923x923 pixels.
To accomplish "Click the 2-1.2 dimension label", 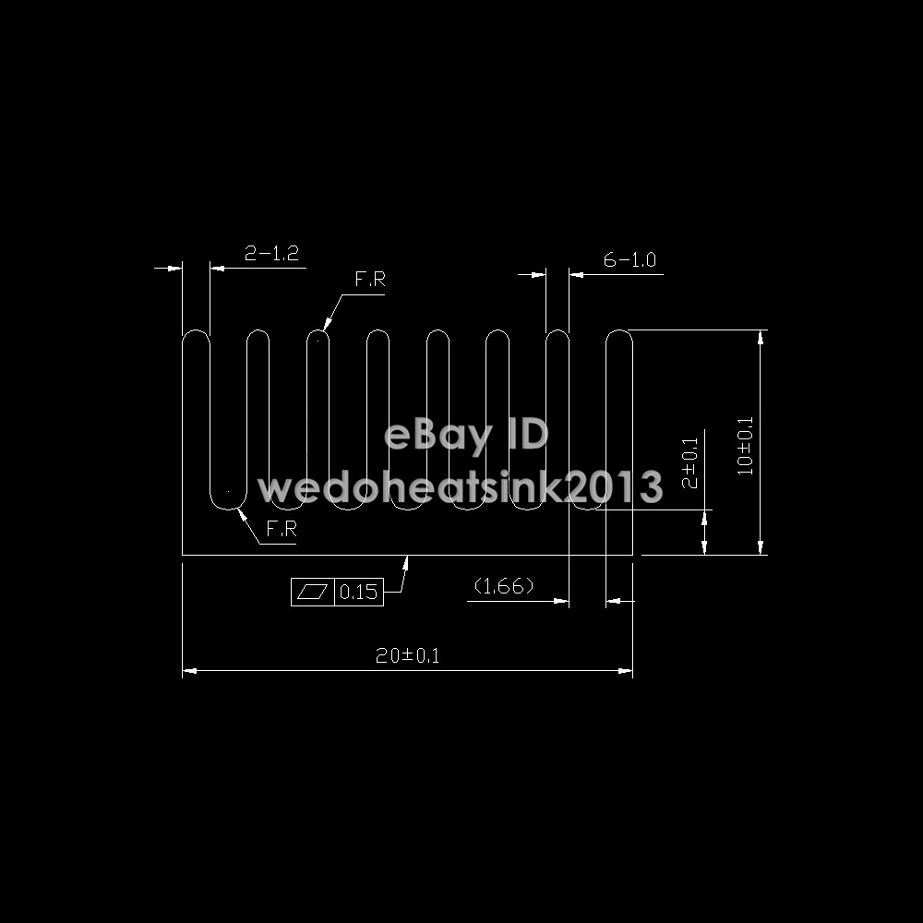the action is pos(271,253).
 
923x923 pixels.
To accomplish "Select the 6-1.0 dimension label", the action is pos(629,260).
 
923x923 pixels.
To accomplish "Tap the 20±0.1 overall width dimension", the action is pos(407,656).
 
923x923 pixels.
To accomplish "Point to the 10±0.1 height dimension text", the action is pos(747,446).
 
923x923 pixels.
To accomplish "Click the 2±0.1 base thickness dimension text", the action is pos(689,464).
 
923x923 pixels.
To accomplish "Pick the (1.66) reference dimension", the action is pos(503,586).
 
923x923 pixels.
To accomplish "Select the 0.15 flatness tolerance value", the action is pos(358,593).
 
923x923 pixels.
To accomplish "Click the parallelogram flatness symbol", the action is pos(312,592).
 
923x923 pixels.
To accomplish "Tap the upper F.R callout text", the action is pos(369,281).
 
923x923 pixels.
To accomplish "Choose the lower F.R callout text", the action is pos(281,530).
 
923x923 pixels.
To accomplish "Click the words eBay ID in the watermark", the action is pos(466,435).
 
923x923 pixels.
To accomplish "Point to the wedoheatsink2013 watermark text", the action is pos(460,486).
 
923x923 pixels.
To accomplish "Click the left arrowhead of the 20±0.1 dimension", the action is pos(186,671).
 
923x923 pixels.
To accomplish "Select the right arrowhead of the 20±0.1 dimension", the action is pos(628,671).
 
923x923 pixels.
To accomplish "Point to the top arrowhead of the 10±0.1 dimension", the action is pos(761,335).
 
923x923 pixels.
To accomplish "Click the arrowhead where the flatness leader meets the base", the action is pos(407,560).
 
